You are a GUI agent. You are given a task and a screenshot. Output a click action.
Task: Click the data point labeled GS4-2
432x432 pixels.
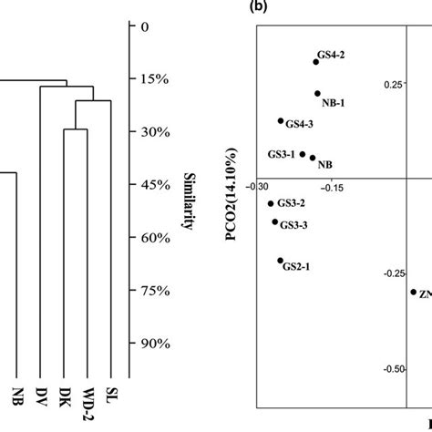click(316, 61)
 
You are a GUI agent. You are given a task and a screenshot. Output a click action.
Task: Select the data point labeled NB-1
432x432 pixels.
click(317, 93)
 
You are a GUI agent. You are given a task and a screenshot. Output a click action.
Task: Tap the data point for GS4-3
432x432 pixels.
click(281, 121)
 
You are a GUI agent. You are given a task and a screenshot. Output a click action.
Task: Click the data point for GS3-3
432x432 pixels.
click(274, 221)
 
